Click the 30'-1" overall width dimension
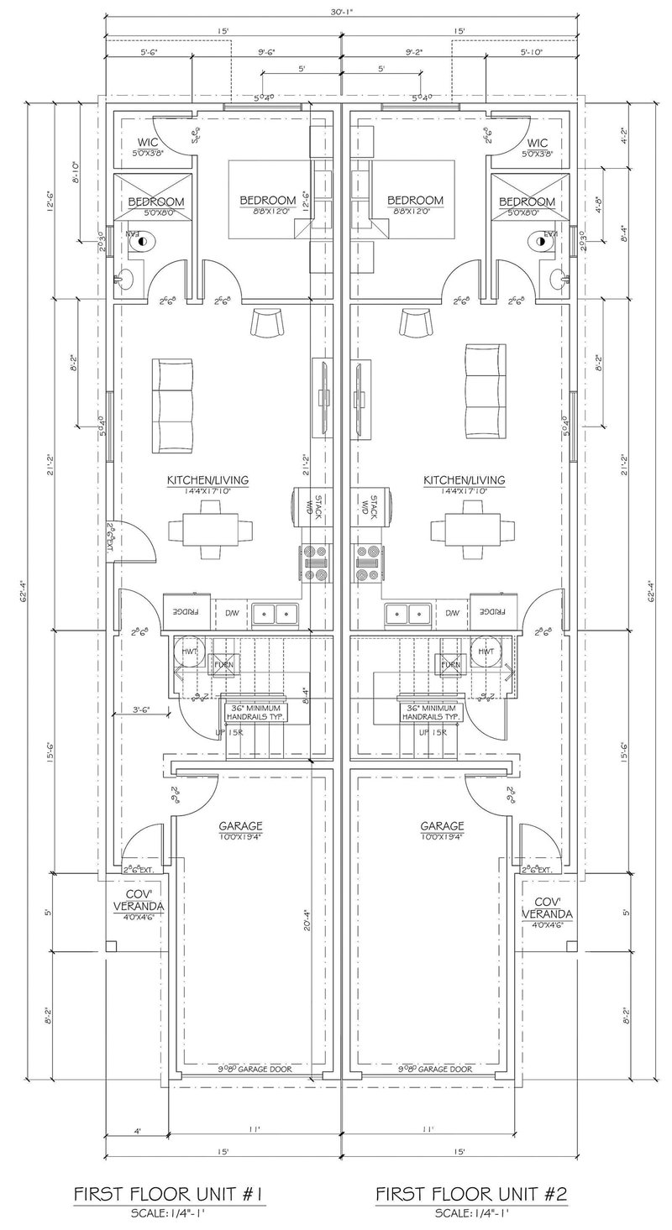[340, 11]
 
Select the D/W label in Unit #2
[453, 613]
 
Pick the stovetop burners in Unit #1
[316, 563]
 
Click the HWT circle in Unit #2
[485, 652]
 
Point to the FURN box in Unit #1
[223, 665]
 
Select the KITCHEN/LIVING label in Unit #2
[464, 479]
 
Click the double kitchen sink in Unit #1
[275, 613]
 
